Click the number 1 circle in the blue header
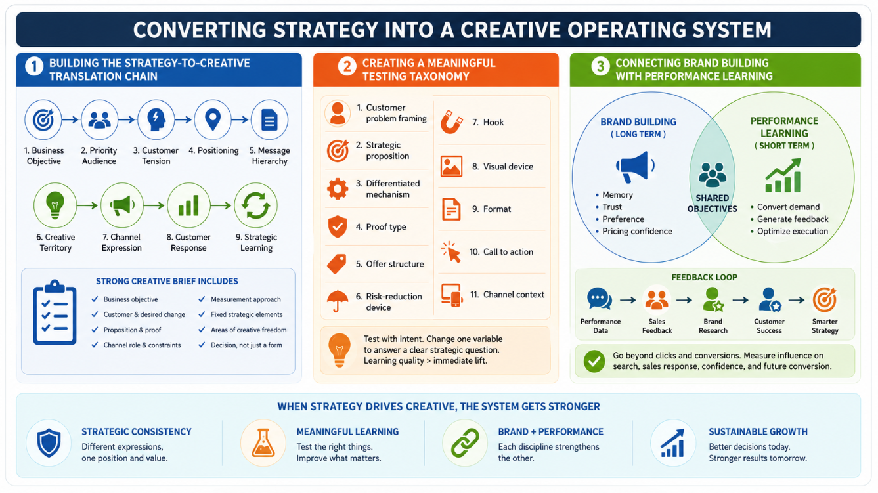click(x=34, y=66)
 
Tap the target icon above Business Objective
click(x=43, y=119)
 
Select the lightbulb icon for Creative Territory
click(x=55, y=205)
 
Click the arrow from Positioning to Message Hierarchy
click(x=240, y=119)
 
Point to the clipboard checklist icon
click(x=55, y=312)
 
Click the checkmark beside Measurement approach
click(x=202, y=299)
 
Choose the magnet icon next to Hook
click(x=452, y=122)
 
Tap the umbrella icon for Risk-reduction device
click(x=337, y=301)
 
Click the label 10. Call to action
click(x=501, y=251)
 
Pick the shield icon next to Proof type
click(x=338, y=226)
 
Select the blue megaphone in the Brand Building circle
click(x=634, y=167)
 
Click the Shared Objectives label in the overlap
click(x=713, y=204)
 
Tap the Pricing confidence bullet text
click(x=637, y=231)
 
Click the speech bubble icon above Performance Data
click(x=600, y=299)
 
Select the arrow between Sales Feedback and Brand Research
click(x=684, y=300)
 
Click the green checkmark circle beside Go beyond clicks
click(x=594, y=361)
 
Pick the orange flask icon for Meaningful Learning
click(x=263, y=443)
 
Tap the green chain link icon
click(x=465, y=443)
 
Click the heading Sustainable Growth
click(x=758, y=431)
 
